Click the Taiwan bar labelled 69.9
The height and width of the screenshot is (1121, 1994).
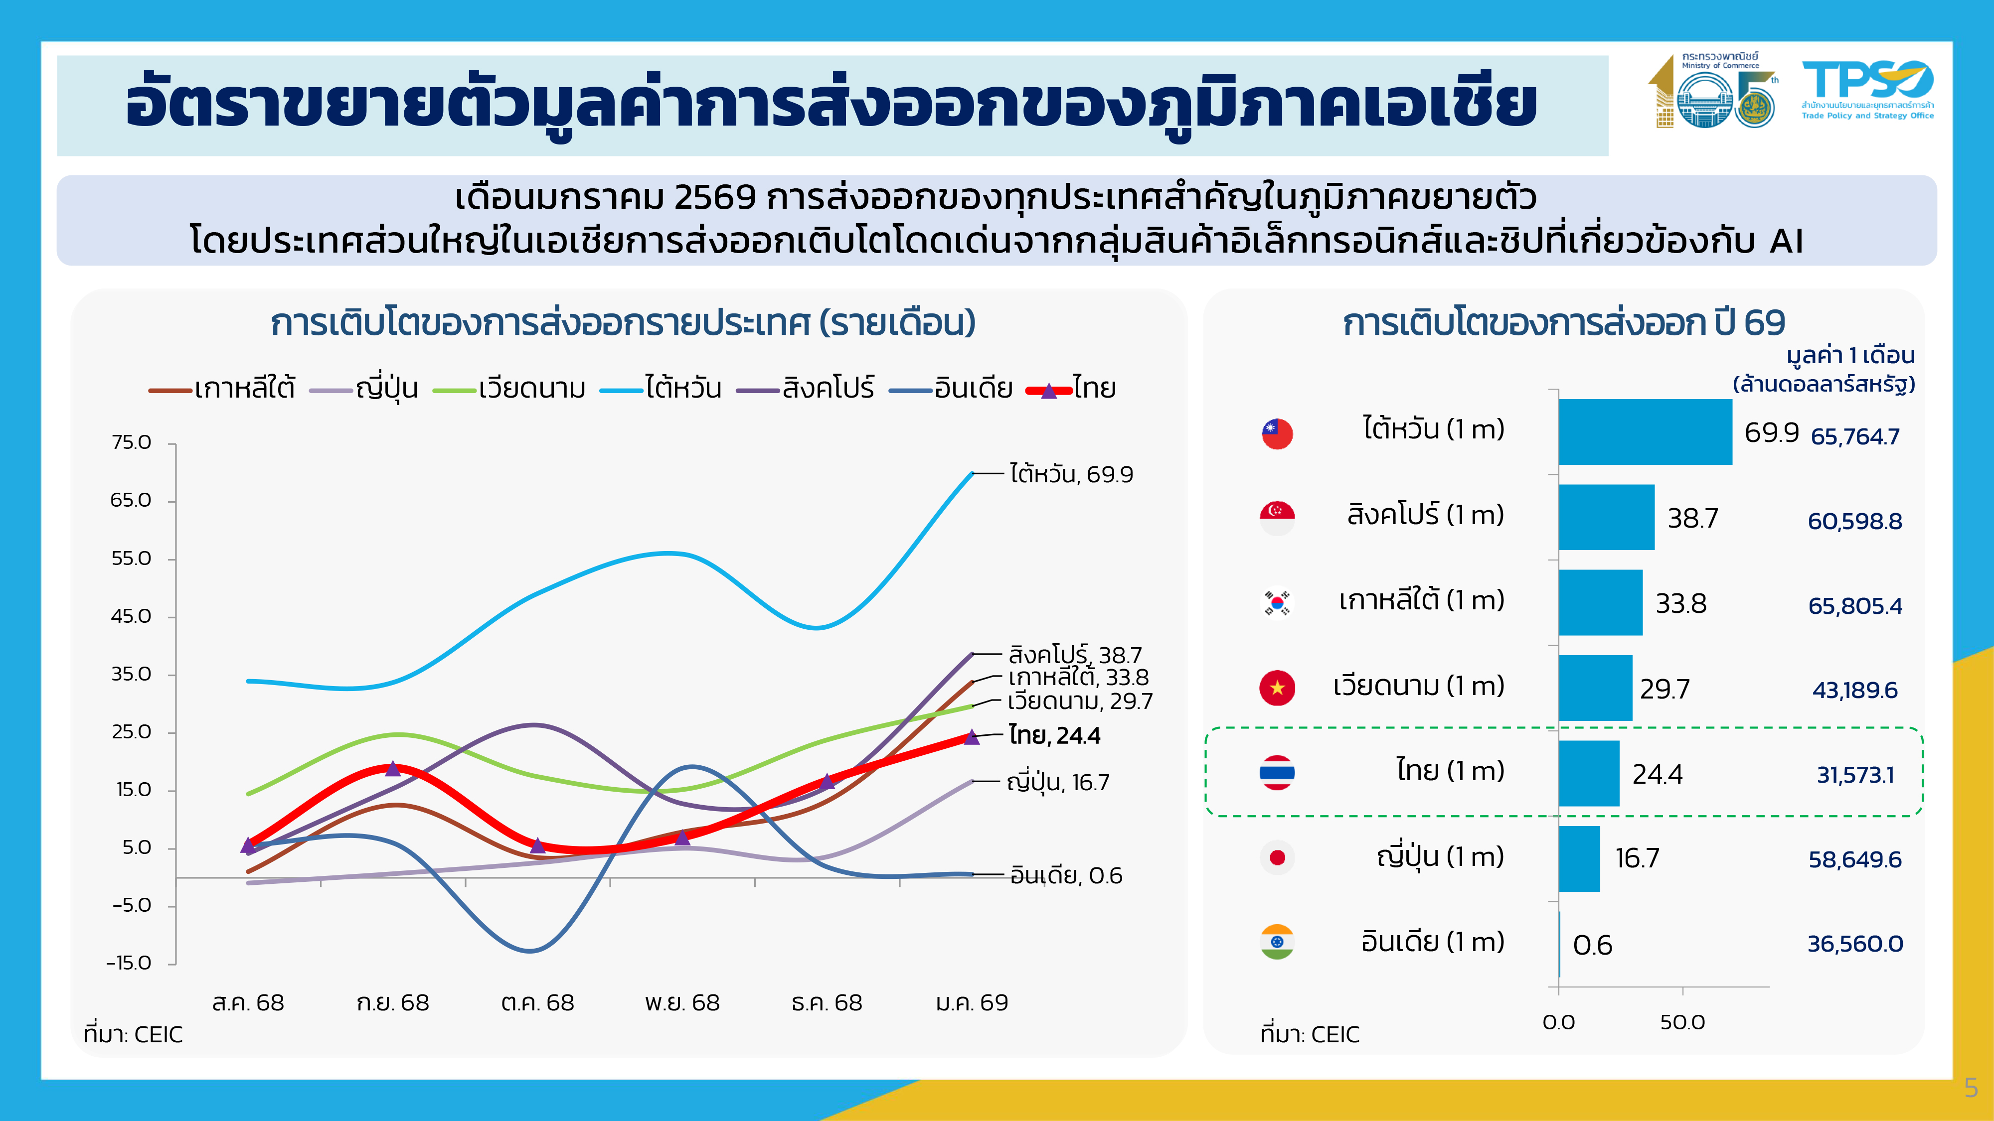tap(1645, 431)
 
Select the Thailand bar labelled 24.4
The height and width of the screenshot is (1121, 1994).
tap(1588, 773)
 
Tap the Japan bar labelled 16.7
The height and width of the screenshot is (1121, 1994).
tap(1579, 858)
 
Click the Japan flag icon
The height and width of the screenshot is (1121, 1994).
tap(1277, 857)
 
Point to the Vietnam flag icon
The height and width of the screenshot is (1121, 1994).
tap(1277, 687)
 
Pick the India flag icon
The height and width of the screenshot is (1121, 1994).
tap(1277, 942)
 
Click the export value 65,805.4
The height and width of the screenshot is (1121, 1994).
tap(1854, 606)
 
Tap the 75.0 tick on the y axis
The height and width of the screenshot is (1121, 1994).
tap(132, 442)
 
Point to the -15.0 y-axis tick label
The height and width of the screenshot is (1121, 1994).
tap(129, 963)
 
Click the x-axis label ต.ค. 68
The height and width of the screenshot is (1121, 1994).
tap(537, 1002)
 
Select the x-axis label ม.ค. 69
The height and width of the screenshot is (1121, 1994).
tap(972, 1002)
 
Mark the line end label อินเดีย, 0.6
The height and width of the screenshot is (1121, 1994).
tap(1066, 876)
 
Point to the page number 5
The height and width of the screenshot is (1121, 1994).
tap(1971, 1088)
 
